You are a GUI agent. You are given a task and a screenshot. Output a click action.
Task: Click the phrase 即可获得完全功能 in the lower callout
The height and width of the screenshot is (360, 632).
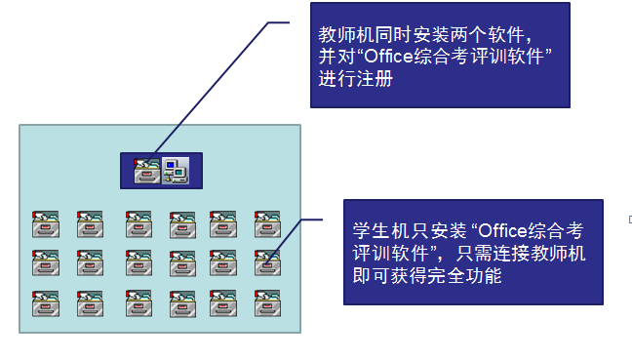(x=420, y=278)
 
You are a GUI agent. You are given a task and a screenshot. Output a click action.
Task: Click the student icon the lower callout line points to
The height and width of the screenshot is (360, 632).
(x=266, y=262)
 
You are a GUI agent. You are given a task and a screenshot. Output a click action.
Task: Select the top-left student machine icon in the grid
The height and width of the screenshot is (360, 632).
(x=45, y=223)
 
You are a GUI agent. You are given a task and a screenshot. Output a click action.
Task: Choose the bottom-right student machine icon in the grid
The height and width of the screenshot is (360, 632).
(x=266, y=302)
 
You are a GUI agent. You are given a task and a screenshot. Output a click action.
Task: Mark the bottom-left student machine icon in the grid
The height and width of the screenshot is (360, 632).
(x=45, y=302)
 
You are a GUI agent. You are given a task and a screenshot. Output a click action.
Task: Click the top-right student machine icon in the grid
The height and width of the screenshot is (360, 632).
(x=266, y=223)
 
